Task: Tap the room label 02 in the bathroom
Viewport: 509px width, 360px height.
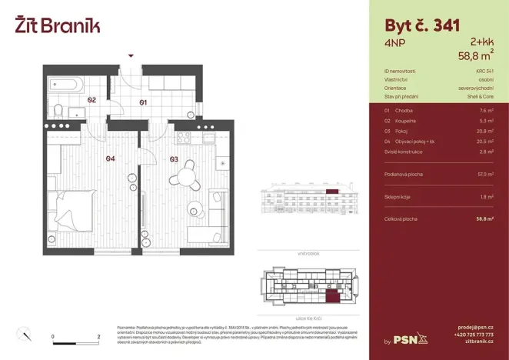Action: point(91,100)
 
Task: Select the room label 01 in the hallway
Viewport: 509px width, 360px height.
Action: point(142,102)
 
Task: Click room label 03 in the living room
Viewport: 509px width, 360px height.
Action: point(175,159)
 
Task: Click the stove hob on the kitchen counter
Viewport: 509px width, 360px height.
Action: point(184,138)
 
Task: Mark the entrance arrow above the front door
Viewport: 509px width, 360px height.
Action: point(131,56)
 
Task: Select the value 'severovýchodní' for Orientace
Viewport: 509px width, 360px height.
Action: point(477,88)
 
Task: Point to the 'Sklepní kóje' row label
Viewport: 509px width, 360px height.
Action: point(398,197)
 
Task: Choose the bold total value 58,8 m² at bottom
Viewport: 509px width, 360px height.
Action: point(484,219)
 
